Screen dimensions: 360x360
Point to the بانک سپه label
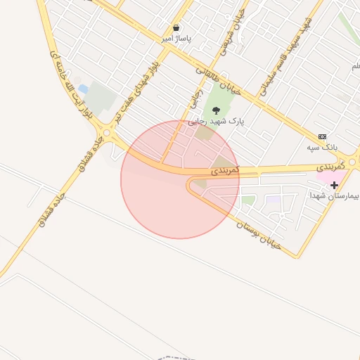click(x=323, y=148)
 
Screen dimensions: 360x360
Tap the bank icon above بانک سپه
click(x=323, y=136)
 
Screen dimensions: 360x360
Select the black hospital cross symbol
click(x=334, y=184)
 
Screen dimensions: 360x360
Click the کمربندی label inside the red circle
click(x=225, y=170)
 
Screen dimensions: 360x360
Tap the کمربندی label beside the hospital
click(x=331, y=166)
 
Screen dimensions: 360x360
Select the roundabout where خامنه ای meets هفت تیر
click(x=107, y=132)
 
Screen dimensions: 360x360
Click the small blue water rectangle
click(x=83, y=89)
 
